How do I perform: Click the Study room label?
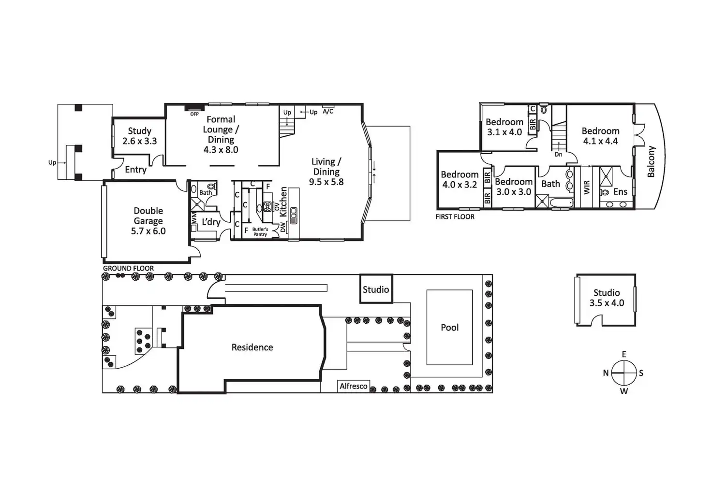139,136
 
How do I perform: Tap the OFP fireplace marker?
194,114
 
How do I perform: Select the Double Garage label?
148,221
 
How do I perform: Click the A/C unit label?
328,112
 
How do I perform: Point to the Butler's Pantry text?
260,232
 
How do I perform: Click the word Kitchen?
283,201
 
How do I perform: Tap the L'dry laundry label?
211,222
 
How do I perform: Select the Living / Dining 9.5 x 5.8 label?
326,172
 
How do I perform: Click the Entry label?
136,170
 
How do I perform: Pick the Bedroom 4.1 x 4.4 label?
600,136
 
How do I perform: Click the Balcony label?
651,161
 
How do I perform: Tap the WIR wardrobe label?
587,187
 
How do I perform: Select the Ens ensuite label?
620,192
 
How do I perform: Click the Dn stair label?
559,154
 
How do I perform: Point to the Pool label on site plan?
450,328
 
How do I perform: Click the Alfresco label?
354,386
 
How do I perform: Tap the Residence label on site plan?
252,347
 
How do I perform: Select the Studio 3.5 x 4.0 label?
607,298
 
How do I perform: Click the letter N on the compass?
606,373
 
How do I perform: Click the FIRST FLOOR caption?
455,217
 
